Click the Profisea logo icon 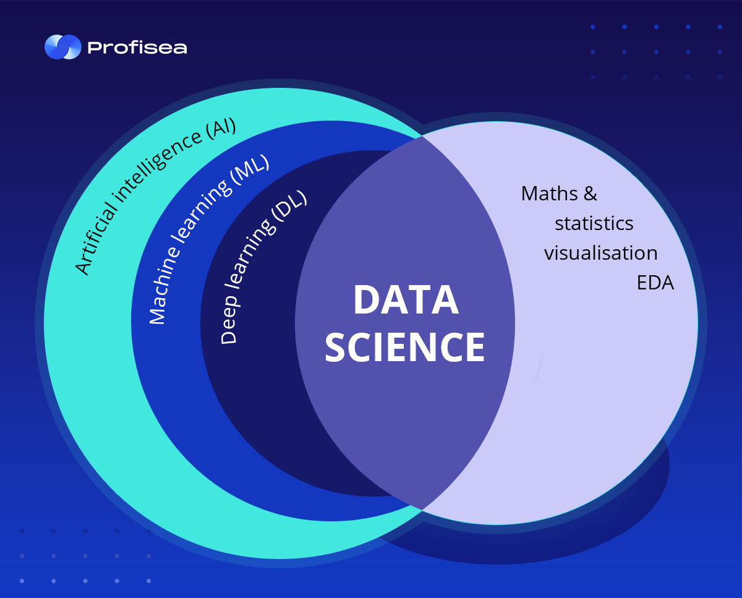(x=63, y=47)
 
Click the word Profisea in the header (x=137, y=48)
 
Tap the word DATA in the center (x=406, y=300)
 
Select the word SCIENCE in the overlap (x=405, y=347)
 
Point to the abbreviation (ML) (x=250, y=169)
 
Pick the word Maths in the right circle (x=550, y=194)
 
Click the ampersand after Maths (x=591, y=194)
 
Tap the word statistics (x=594, y=223)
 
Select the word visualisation (x=601, y=253)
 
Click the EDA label (x=655, y=283)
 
